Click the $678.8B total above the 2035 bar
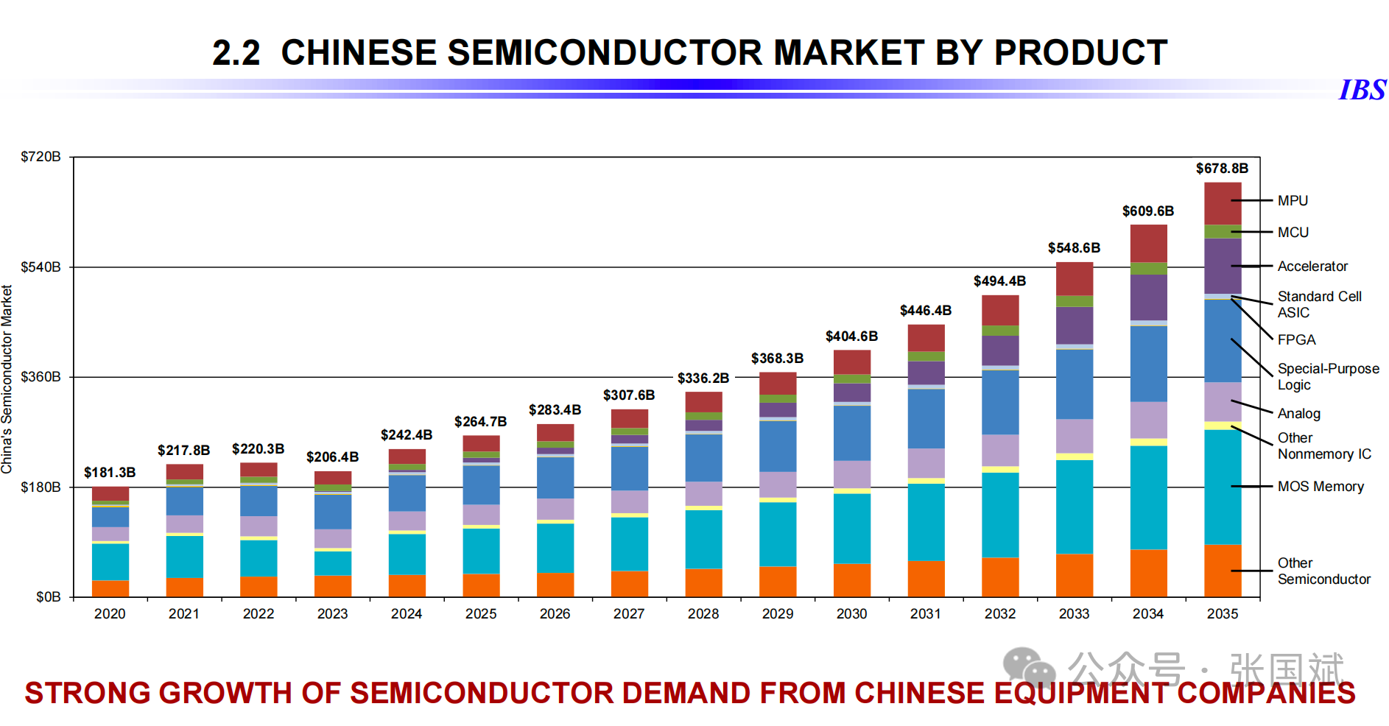[x=1221, y=169]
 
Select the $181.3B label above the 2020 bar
[x=110, y=473]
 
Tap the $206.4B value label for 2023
[x=332, y=457]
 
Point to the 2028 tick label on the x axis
[x=703, y=614]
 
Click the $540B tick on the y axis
[x=41, y=267]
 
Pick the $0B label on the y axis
[x=49, y=597]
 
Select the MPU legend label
[x=1293, y=200]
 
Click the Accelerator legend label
[x=1312, y=266]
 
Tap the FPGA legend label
[x=1296, y=339]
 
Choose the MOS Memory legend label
[x=1321, y=487]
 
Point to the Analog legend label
[x=1298, y=414]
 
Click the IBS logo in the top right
[x=1362, y=90]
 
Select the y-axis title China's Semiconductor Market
[x=7, y=379]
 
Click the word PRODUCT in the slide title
[x=1080, y=53]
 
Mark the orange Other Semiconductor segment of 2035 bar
[x=1222, y=571]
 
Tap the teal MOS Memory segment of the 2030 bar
[x=851, y=528]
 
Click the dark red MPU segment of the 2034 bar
[x=1148, y=243]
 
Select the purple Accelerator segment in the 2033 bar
[x=1074, y=325]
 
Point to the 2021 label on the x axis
[x=183, y=614]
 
